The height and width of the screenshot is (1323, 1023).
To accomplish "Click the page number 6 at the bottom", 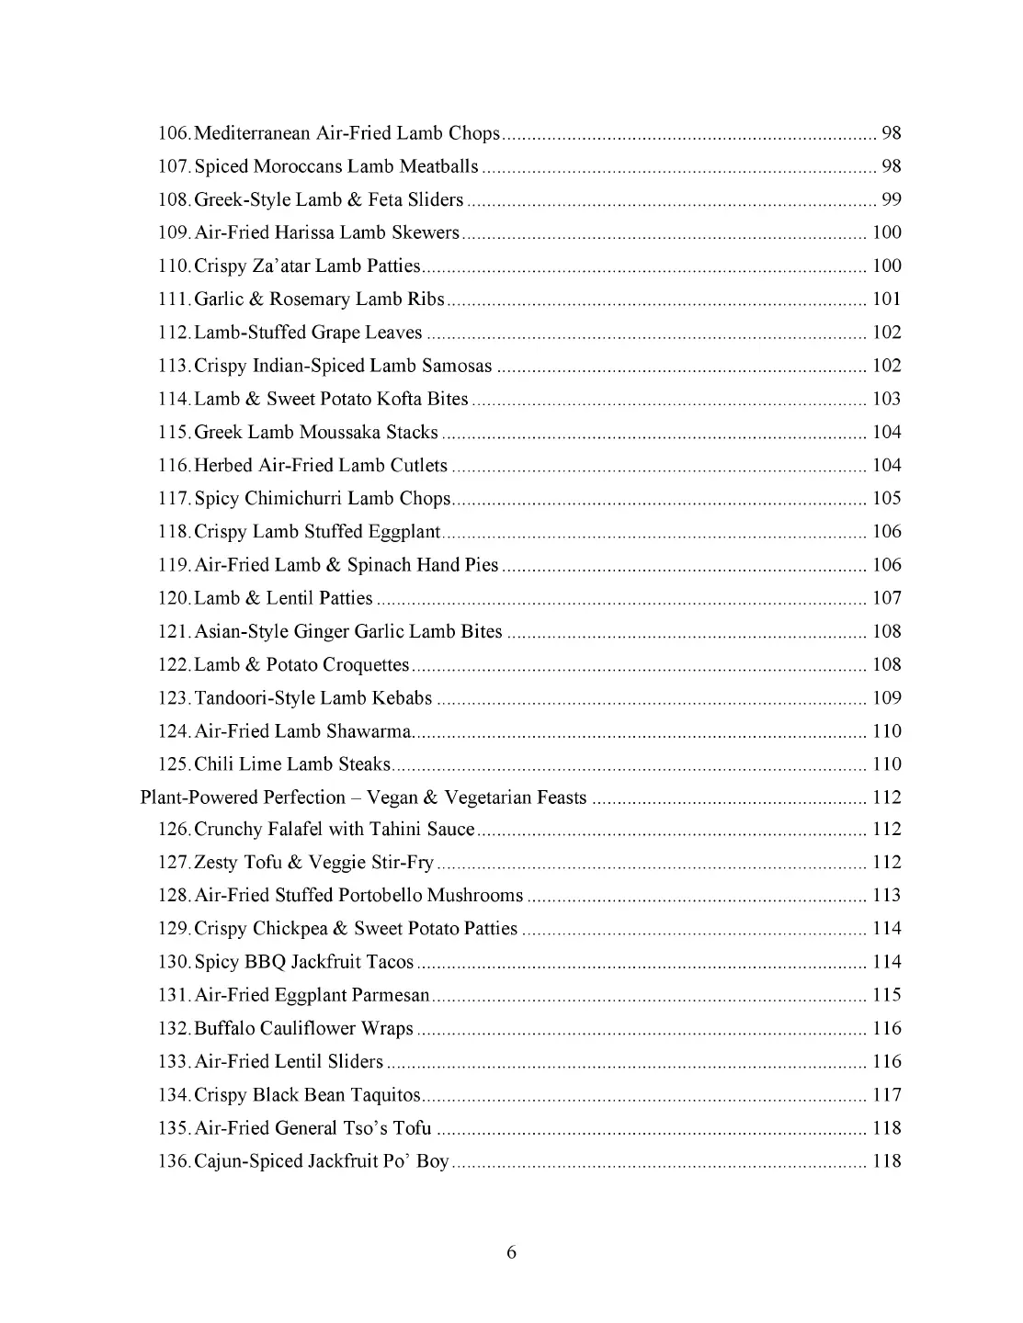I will point(511,1252).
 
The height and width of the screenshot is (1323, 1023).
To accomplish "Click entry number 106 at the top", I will point(174,133).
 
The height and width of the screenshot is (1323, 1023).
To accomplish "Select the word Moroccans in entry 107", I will point(298,166).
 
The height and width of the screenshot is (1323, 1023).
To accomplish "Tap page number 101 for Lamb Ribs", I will point(886,299).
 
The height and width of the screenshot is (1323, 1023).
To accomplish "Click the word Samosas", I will point(457,366).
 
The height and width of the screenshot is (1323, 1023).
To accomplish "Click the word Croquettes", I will point(361,664).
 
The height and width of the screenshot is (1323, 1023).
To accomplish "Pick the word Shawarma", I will point(369,730).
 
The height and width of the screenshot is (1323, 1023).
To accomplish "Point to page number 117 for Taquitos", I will point(886,1094).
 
